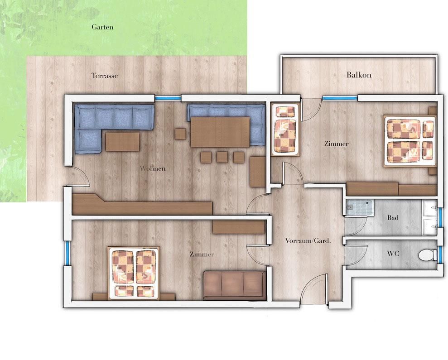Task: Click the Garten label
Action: click(102, 27)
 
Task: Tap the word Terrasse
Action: click(105, 76)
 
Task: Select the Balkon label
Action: click(359, 75)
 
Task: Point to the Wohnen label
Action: click(153, 168)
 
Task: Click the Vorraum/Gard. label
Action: click(308, 240)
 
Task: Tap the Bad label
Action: click(393, 218)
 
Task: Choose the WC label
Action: click(393, 254)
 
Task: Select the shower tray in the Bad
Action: click(359, 207)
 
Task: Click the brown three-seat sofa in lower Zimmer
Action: click(235, 286)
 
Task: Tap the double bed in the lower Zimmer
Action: click(134, 274)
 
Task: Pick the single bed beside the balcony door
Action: click(285, 130)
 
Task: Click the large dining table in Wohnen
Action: click(220, 132)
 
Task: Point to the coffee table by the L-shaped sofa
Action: click(123, 141)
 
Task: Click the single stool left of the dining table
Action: click(180, 134)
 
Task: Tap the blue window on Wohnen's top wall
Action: click(168, 98)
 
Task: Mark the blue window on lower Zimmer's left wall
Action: click(67, 254)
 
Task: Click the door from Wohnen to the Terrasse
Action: click(77, 177)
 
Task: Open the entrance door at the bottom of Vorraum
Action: click(314, 288)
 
